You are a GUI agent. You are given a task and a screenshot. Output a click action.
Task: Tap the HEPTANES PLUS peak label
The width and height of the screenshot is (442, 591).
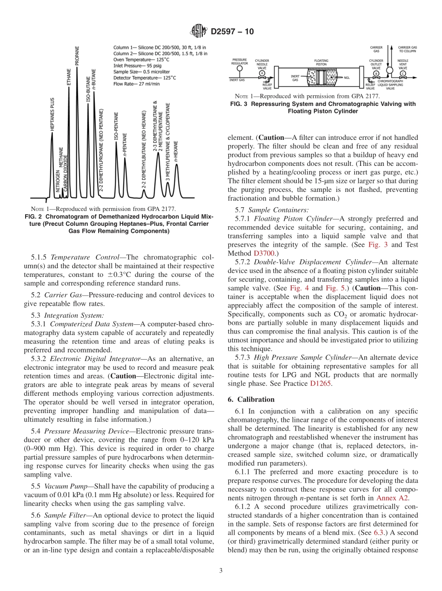point(52,114)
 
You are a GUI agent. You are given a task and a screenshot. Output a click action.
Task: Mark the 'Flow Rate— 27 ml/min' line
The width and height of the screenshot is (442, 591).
point(136,84)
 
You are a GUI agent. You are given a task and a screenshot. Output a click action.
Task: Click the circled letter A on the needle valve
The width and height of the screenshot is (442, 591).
point(262,73)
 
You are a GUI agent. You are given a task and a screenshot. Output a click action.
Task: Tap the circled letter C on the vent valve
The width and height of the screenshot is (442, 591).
point(402,73)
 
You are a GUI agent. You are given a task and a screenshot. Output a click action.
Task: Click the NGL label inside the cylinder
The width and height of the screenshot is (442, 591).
point(347,78)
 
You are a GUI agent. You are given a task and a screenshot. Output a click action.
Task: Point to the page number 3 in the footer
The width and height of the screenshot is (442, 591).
point(221,571)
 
